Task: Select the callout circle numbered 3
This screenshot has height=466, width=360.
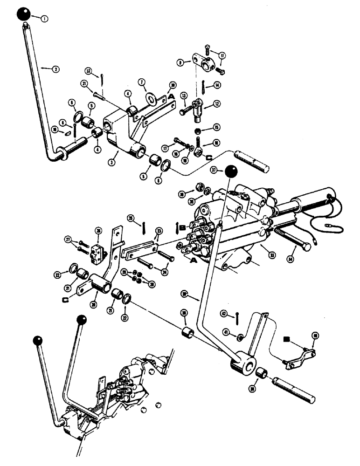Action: pyautogui.click(x=111, y=162)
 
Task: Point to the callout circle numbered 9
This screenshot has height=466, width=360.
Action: pyautogui.click(x=180, y=61)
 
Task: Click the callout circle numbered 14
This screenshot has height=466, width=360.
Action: pyautogui.click(x=216, y=85)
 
